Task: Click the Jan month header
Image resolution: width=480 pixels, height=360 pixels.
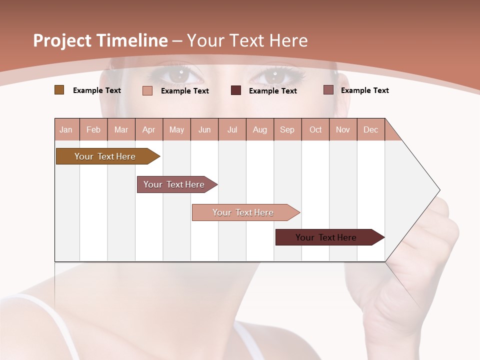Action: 66,129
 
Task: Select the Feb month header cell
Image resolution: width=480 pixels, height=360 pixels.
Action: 93,129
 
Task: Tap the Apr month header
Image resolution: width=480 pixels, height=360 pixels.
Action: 149,129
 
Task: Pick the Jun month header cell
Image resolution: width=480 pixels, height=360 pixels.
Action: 204,129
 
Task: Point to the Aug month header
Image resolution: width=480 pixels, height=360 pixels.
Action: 260,129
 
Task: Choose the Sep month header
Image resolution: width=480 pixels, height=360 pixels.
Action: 287,129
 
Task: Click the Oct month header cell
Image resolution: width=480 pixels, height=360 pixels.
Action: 315,129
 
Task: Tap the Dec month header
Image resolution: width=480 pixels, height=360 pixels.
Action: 371,129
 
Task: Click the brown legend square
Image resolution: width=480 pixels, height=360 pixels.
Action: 59,90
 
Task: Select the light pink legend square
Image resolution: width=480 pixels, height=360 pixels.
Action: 147,90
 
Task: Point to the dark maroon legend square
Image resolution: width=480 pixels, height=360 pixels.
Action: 236,90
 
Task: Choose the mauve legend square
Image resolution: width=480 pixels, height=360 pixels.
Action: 328,90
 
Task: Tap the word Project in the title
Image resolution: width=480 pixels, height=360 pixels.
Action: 62,40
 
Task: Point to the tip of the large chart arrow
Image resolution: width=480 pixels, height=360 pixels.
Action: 439,190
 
